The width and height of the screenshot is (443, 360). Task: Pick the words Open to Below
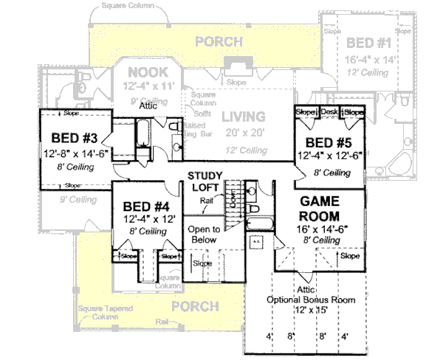(202, 235)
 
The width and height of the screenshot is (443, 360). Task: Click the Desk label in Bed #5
(329, 112)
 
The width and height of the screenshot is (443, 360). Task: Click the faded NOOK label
(148, 72)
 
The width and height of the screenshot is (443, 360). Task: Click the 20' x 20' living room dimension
(244, 133)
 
